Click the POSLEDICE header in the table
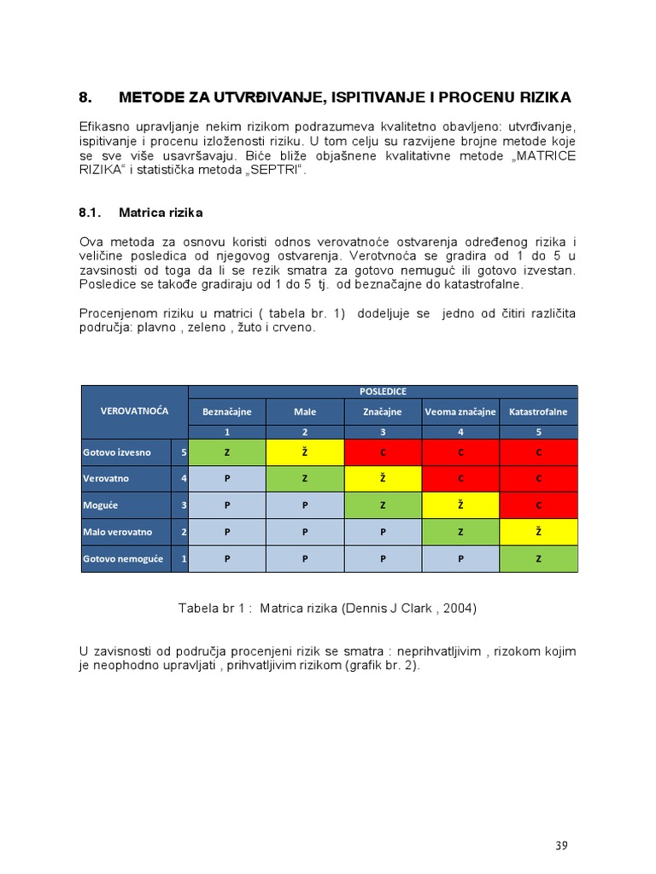point(383,391)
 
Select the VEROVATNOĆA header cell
point(134,411)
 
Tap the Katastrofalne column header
point(538,411)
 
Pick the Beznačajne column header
point(226,411)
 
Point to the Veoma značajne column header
point(460,411)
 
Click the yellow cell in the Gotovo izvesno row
point(305,452)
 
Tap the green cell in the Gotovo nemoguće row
point(538,559)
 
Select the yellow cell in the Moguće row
point(460,505)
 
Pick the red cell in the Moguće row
point(538,505)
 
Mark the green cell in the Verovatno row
point(305,479)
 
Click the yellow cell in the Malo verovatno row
point(538,532)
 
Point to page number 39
point(560,846)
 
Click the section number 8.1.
point(90,212)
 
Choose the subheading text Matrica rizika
point(161,212)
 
